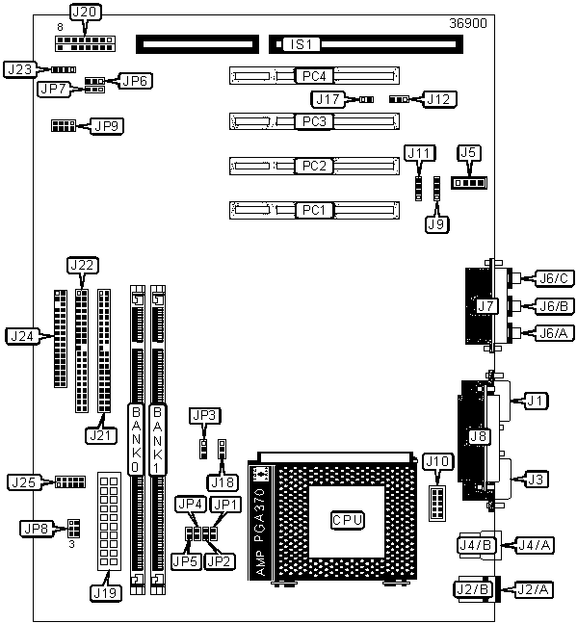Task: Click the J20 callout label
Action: (86, 12)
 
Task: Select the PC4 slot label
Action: (314, 76)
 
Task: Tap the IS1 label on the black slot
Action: (301, 44)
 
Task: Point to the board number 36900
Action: (468, 23)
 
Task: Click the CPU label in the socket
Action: (348, 520)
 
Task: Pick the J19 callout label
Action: (106, 593)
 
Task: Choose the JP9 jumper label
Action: (107, 126)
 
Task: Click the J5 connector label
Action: (469, 152)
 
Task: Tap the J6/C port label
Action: (554, 278)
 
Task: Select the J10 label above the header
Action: (437, 461)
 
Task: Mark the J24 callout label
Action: (22, 336)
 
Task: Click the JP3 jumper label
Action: (204, 416)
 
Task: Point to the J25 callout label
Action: (24, 482)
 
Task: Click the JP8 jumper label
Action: (37, 529)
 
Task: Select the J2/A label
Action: (534, 590)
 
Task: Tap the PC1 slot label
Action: (314, 210)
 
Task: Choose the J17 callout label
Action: (328, 99)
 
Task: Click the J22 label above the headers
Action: (82, 265)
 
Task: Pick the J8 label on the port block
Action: (478, 436)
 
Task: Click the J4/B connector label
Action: (476, 545)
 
